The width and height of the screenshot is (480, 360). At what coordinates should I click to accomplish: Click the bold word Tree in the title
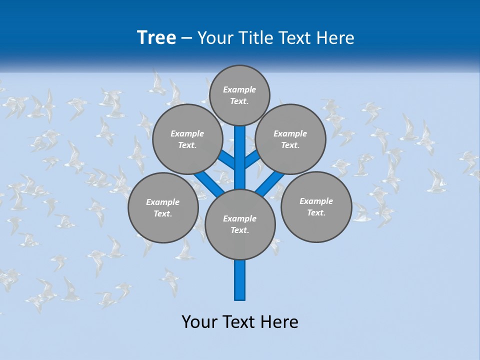(156, 38)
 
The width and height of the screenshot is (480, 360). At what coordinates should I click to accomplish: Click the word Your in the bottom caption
(199, 322)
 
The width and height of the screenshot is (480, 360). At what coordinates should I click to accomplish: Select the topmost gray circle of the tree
(239, 95)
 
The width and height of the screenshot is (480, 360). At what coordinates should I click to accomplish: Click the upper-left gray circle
(187, 139)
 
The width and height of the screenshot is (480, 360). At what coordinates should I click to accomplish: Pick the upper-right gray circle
(290, 139)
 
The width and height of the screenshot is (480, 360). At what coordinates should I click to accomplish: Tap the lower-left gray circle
(163, 207)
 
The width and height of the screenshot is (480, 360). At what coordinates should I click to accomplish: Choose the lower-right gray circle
(316, 206)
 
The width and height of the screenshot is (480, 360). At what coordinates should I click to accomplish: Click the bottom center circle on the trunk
(240, 224)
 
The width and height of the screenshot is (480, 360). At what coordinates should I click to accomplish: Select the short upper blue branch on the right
(252, 159)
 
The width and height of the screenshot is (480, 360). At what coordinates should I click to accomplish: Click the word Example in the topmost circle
(239, 89)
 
